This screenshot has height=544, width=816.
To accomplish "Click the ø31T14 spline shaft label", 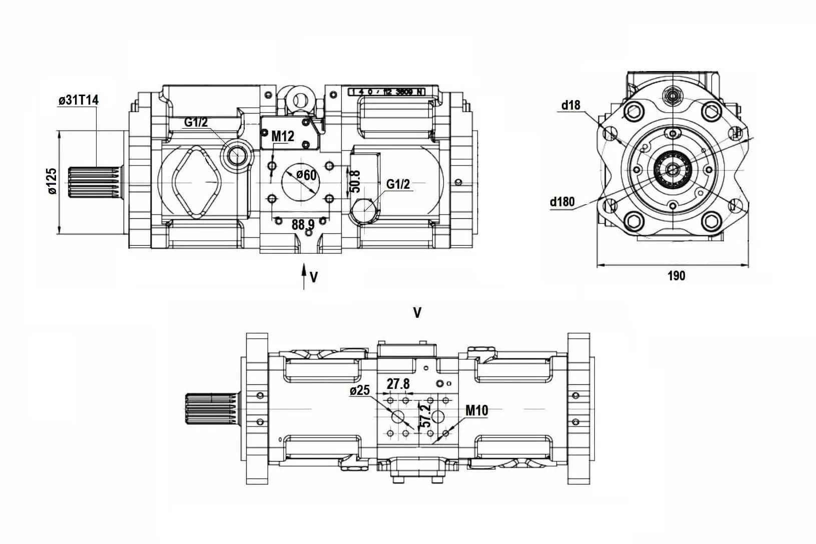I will (78, 100).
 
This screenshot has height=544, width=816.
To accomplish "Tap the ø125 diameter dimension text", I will (52, 182).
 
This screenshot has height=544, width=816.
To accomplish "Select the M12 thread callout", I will (283, 136).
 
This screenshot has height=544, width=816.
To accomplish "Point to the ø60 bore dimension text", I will (306, 175).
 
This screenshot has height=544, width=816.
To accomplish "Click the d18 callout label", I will (570, 105).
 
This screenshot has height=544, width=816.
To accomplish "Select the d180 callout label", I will (562, 202).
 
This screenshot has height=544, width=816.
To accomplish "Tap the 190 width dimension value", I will (676, 276).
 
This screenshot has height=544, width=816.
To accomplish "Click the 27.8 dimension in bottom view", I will (398, 384).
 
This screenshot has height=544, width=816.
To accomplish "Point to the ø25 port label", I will (360, 390).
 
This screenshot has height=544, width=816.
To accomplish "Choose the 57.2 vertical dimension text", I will (426, 415).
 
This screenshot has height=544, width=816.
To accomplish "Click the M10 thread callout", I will (476, 411).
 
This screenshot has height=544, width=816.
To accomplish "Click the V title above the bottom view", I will (417, 313).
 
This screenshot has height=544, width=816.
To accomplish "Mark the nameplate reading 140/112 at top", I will (386, 92).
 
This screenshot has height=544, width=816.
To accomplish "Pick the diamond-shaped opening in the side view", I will (196, 183).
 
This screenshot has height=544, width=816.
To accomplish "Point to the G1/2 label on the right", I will (398, 184).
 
